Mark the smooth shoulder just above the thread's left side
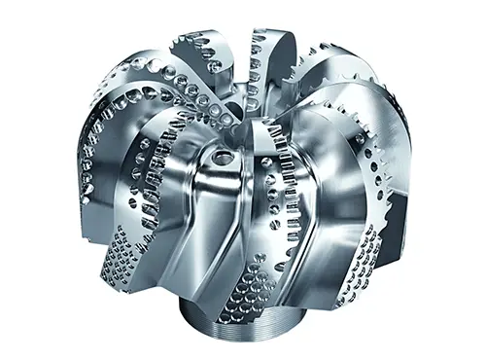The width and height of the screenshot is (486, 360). [194, 297]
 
